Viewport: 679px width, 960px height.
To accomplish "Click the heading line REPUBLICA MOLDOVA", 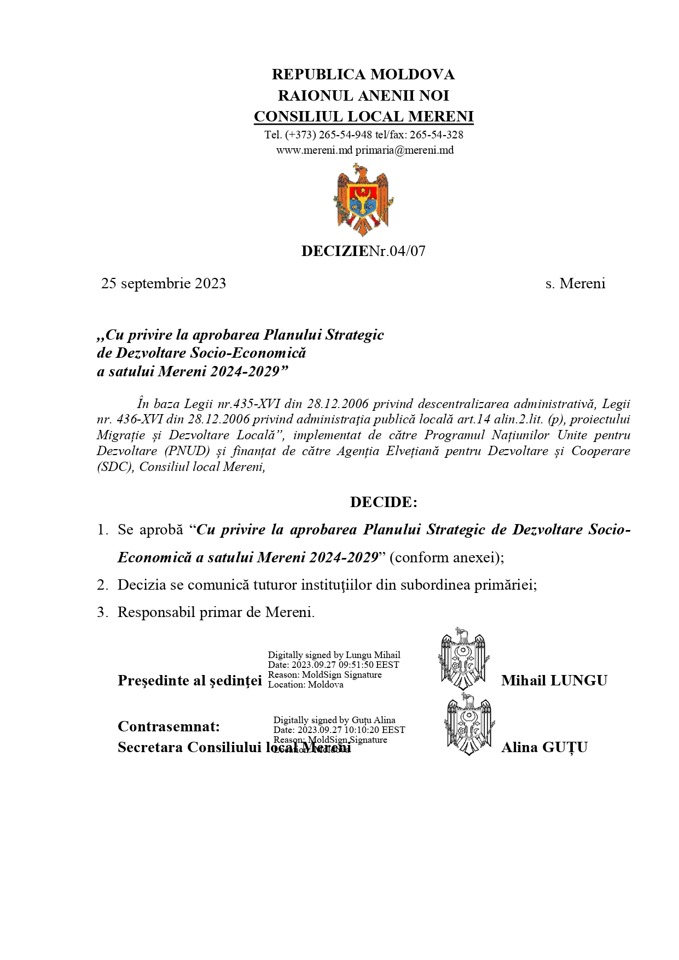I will pos(363,74).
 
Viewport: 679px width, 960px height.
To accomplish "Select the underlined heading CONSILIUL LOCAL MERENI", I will pos(363,117).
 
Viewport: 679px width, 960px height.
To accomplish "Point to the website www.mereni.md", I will pos(314,150).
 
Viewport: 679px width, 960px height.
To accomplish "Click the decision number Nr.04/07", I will pos(397,251).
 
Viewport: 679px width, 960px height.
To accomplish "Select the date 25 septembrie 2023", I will pos(164,283).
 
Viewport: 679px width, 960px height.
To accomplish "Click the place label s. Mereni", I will pos(575,283).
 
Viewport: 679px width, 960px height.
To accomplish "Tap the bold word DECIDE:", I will pos(384,502).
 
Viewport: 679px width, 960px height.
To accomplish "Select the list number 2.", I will pos(102,585).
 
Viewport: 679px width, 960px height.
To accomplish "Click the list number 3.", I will pos(102,612).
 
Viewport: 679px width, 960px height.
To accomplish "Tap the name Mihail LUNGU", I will pos(554,680).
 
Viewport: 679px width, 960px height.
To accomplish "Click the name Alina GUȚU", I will pos(544,747).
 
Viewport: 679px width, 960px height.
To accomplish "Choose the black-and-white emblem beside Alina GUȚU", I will pos(468,725).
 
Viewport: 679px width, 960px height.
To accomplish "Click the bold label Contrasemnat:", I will pos(169,726).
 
